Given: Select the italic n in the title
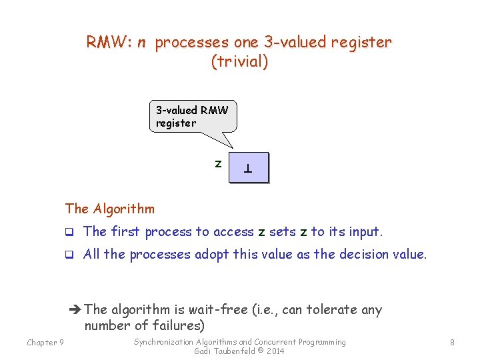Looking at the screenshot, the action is point(141,43).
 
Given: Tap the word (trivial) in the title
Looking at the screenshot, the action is point(239,61).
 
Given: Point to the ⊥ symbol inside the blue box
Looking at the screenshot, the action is point(248,169).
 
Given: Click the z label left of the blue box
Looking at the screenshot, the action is point(218,164).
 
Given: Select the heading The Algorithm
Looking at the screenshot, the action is point(110,209).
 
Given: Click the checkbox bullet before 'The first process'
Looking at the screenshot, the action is point(69,232).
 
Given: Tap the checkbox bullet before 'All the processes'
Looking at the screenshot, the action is point(69,255).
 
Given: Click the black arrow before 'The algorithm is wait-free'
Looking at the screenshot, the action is point(75,309).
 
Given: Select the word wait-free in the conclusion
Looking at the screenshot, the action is point(218,309).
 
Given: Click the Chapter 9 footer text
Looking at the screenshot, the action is point(45,342).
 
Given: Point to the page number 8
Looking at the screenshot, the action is point(452,342).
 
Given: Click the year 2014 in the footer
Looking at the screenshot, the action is point(275,351).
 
